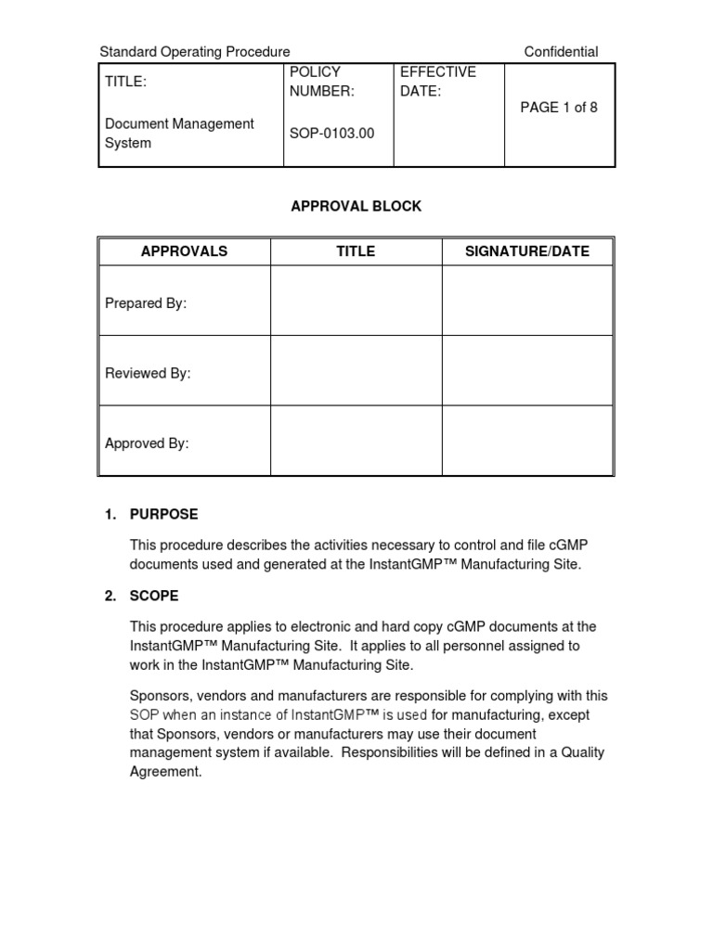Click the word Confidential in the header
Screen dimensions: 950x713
pyautogui.click(x=561, y=52)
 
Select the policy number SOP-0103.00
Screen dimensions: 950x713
pyautogui.click(x=332, y=133)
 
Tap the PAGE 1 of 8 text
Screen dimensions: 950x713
pyautogui.click(x=559, y=108)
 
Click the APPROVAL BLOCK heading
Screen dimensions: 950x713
pyautogui.click(x=356, y=206)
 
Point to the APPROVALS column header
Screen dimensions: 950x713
pyautogui.click(x=184, y=251)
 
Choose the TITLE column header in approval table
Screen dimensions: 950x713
pyautogui.click(x=356, y=251)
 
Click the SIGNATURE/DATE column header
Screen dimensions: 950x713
pyautogui.click(x=527, y=251)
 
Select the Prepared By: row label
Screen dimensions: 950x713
pyautogui.click(x=146, y=303)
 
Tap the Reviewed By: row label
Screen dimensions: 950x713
pyautogui.click(x=148, y=373)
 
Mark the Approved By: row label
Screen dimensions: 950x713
pyautogui.click(x=147, y=443)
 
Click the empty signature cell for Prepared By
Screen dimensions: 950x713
pyautogui.click(x=527, y=301)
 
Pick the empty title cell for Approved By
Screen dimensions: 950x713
pyautogui.click(x=356, y=441)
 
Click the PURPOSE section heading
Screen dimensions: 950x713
pyautogui.click(x=163, y=514)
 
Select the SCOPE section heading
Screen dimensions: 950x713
pyautogui.click(x=154, y=596)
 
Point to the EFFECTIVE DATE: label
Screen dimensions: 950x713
pyautogui.click(x=437, y=82)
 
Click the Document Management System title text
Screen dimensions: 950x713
pyautogui.click(x=179, y=134)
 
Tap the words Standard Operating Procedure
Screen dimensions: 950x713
pyautogui.click(x=195, y=52)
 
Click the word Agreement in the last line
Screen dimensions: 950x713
pyautogui.click(x=165, y=772)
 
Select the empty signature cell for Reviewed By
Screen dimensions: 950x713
pyautogui.click(x=527, y=370)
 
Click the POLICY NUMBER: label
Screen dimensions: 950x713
pyautogui.click(x=322, y=82)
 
